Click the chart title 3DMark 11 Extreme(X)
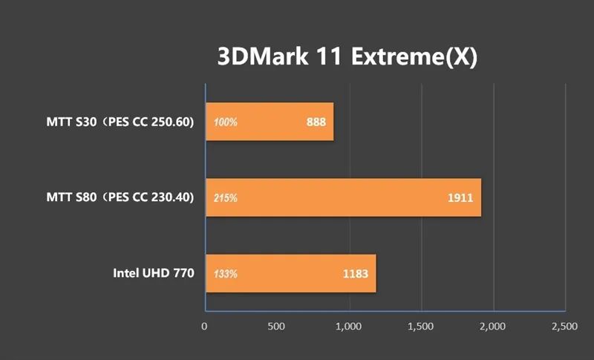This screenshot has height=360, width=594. (346, 57)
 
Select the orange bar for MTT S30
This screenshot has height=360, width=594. (269, 122)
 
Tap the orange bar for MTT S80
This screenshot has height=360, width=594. (343, 197)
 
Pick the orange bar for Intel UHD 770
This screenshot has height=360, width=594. (290, 273)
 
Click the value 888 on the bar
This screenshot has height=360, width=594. (316, 122)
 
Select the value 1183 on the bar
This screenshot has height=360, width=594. (355, 274)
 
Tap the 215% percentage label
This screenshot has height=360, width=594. (226, 198)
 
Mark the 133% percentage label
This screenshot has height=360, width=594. (226, 274)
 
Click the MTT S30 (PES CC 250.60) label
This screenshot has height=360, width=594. (120, 122)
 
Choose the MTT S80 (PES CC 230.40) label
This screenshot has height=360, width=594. (120, 197)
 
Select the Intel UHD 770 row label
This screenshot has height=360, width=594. (154, 273)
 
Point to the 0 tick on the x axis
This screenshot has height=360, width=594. (205, 326)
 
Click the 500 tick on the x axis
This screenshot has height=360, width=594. (275, 326)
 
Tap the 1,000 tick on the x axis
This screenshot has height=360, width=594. (348, 326)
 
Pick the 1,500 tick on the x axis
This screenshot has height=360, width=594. (420, 326)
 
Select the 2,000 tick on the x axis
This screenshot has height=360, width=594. (492, 326)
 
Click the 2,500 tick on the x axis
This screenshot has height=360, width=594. (564, 326)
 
